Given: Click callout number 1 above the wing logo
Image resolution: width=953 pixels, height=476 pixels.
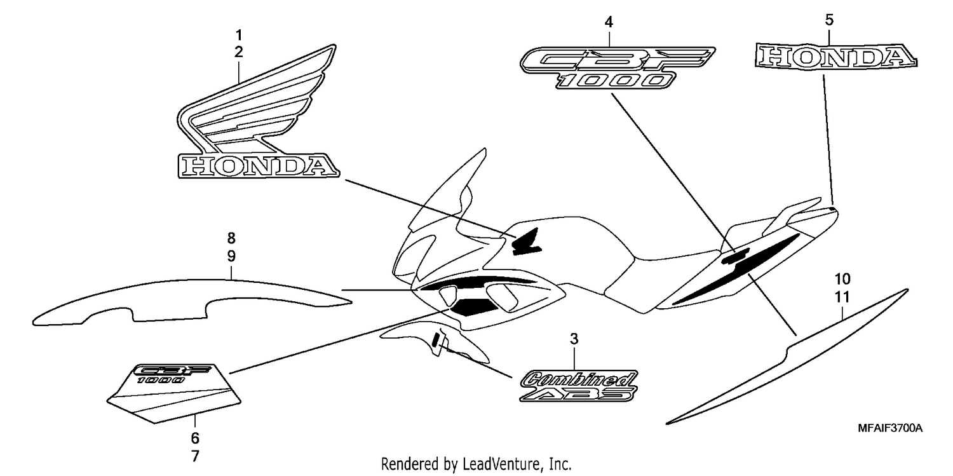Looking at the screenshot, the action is tap(239, 35).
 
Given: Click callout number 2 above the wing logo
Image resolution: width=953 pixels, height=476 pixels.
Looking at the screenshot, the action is tap(239, 52).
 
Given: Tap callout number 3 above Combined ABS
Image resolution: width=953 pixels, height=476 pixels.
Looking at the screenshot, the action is tap(574, 339).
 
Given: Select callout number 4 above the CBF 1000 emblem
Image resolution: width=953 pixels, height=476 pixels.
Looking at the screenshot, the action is tap(609, 22).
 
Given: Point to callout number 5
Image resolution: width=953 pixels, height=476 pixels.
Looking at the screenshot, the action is tap(829, 20).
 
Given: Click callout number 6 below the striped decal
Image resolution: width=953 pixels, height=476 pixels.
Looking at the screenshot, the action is tap(195, 438).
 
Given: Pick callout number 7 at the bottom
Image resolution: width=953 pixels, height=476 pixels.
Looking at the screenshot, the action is tap(195, 456).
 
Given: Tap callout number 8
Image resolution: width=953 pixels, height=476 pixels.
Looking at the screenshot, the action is tap(231, 238).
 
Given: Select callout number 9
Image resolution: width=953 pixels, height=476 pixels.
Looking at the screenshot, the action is tap(231, 256).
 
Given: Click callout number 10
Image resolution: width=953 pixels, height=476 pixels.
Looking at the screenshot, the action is tap(842, 279).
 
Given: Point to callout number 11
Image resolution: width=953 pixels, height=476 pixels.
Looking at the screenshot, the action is tap(842, 297).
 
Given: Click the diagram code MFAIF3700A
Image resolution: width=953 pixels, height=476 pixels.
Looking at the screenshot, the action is tap(890, 428).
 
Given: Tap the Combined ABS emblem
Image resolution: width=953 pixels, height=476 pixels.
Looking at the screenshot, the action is tap(579, 386).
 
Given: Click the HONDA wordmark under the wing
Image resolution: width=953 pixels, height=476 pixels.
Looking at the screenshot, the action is tap(258, 165).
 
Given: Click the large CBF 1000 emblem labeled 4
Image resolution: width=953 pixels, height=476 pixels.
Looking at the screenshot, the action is tap(617, 67).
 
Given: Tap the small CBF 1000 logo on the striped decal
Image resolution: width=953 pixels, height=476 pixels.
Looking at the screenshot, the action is tap(172, 374).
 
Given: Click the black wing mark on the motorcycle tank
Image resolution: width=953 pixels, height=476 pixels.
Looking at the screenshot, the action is tap(527, 241).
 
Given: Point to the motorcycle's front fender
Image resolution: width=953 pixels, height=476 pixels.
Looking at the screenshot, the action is tap(434, 343).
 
